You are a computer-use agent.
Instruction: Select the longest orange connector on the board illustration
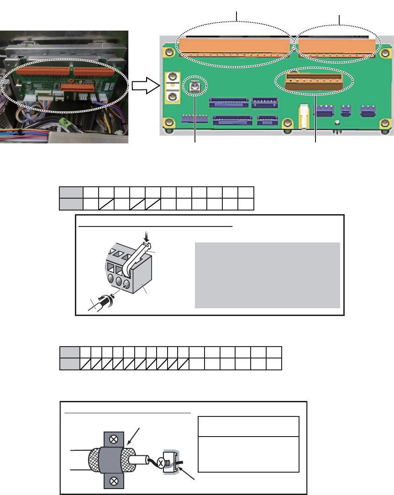235,46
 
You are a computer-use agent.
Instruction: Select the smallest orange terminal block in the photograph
78,87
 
